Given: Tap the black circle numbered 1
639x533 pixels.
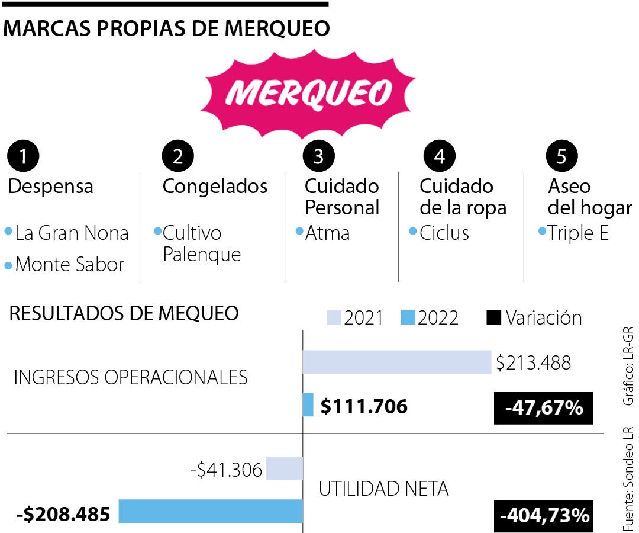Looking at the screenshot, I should [23, 156].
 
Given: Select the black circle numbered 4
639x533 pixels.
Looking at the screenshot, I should [438, 156].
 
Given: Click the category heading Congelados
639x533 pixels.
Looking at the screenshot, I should [215, 187].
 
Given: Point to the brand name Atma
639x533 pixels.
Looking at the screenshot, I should [327, 233].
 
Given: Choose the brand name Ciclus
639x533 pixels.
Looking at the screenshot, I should [444, 233].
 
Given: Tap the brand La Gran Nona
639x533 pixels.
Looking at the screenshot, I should [72, 233].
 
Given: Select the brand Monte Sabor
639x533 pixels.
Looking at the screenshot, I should [69, 265].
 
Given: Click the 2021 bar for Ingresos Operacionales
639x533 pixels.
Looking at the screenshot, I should [396, 362].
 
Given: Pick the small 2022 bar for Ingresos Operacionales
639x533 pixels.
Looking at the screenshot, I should [308, 405].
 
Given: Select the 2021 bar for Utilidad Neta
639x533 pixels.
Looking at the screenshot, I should [285, 468].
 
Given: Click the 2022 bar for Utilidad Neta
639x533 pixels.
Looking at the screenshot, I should [211, 511].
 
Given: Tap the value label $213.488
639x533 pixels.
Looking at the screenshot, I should [533, 362].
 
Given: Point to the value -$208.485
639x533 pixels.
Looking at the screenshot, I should [64, 514].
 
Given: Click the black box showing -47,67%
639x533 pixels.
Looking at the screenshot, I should [543, 409].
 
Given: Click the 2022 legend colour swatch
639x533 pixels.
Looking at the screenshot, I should [408, 318].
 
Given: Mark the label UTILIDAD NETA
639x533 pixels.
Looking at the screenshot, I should [383, 489].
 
